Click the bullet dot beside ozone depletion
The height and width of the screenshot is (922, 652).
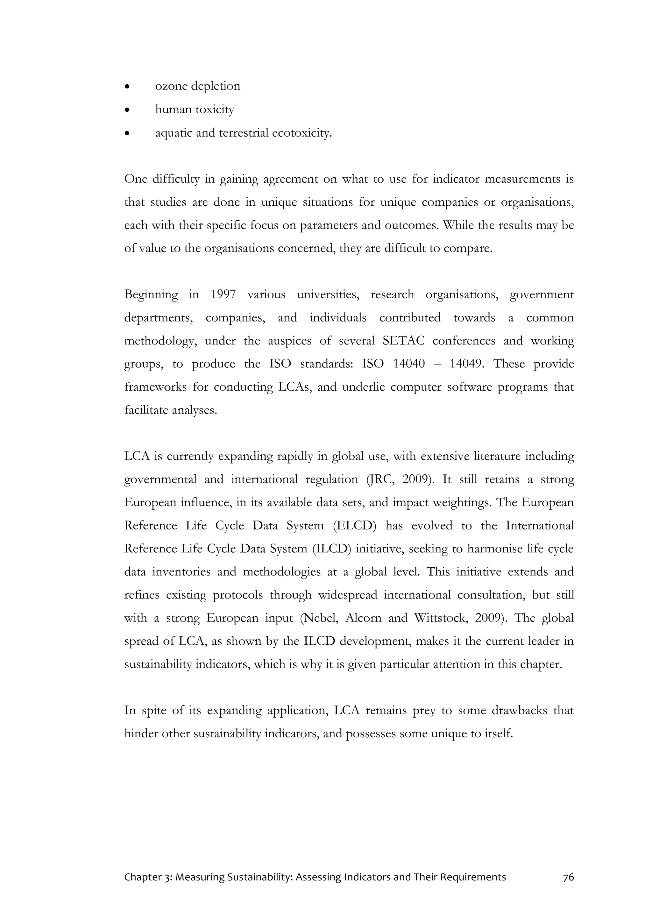pos(127,86)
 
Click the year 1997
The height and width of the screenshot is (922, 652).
pos(223,295)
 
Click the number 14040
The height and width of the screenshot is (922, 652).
pos(409,364)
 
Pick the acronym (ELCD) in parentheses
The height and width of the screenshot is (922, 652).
pos(355,526)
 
